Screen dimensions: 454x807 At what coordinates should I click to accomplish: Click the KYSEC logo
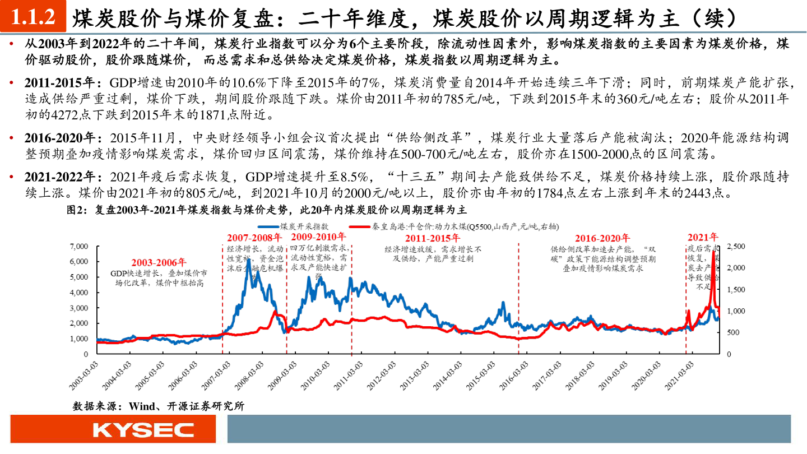(143, 430)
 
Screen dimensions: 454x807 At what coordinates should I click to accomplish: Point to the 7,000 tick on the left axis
(79, 246)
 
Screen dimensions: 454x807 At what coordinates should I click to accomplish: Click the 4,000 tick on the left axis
(79, 293)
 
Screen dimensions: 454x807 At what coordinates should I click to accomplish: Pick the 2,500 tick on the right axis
(735, 246)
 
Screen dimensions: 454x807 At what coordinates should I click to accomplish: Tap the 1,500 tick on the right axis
(735, 289)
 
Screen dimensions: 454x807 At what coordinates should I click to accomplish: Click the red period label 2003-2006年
(159, 262)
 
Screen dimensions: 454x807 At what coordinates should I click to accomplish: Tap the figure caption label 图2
(75, 210)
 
